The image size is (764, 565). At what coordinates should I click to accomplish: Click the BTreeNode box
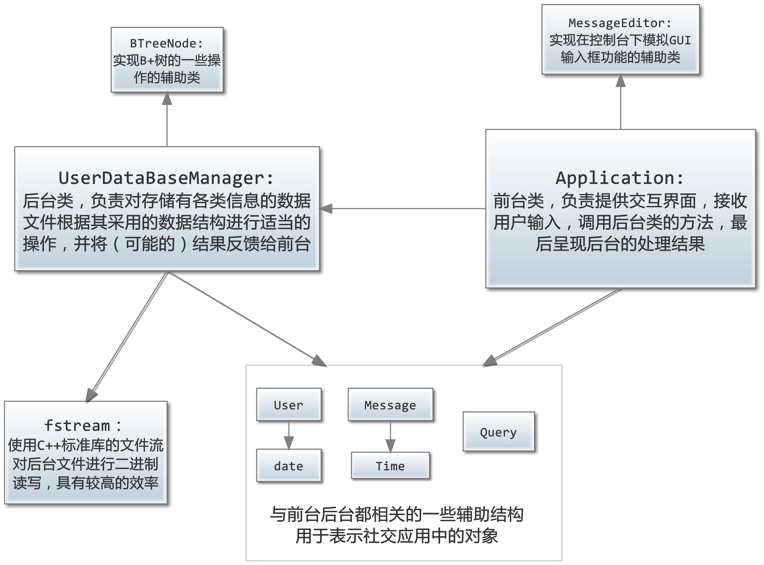pyautogui.click(x=167, y=60)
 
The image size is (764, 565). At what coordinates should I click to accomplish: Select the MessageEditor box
pyautogui.click(x=620, y=39)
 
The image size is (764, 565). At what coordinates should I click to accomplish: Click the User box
pyautogui.click(x=288, y=405)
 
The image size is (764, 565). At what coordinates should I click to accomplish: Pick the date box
pyautogui.click(x=288, y=465)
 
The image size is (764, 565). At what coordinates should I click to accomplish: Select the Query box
pyautogui.click(x=498, y=432)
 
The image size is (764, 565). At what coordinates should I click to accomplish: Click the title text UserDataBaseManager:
pyautogui.click(x=166, y=178)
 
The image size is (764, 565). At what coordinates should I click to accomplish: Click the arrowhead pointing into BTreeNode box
pyautogui.click(x=167, y=99)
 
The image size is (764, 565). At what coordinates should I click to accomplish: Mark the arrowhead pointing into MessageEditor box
pyautogui.click(x=620, y=81)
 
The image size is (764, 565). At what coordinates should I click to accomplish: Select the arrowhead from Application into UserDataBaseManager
pyautogui.click(x=326, y=208)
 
